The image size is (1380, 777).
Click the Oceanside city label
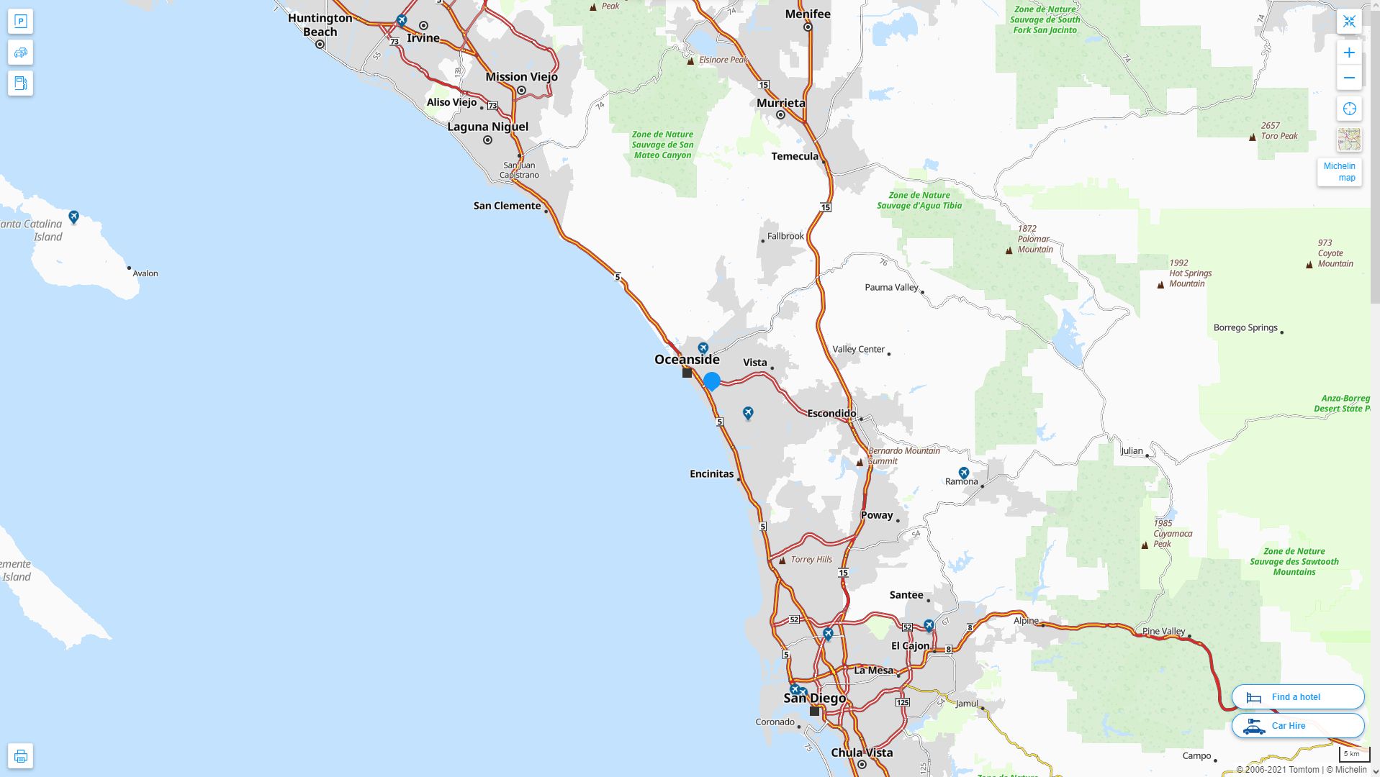coord(687,359)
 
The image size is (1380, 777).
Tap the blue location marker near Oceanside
coord(712,381)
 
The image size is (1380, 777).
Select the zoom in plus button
coord(1349,53)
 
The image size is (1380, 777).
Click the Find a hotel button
coord(1297,696)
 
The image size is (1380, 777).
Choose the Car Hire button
coord(1297,725)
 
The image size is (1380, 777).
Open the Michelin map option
coord(1339,171)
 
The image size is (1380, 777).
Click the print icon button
coord(20,755)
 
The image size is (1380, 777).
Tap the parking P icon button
coord(20,22)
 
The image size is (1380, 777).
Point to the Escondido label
coord(831,413)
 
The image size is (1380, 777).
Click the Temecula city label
coord(795,156)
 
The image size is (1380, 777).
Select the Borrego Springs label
coord(1245,327)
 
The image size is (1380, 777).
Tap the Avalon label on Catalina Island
coord(145,273)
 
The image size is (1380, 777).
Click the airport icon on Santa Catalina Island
coord(73,217)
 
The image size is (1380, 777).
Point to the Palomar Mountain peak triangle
coord(1009,250)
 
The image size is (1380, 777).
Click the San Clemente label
coord(507,206)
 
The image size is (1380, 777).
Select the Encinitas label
coord(711,473)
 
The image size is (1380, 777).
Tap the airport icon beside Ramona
coord(964,473)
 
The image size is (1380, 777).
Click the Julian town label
coord(1132,451)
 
